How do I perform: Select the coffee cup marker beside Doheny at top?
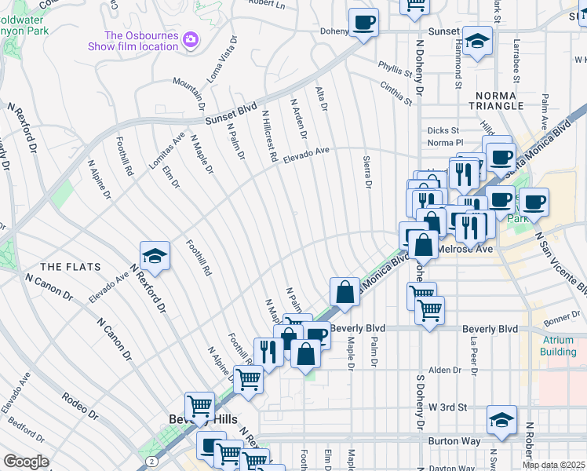pyautogui.click(x=363, y=23)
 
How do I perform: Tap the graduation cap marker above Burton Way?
pyautogui.click(x=501, y=419)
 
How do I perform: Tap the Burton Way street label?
pyautogui.click(x=455, y=441)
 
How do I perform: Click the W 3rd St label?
pyautogui.click(x=447, y=407)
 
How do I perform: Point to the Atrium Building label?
pyautogui.click(x=558, y=345)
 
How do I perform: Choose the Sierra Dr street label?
pyautogui.click(x=366, y=173)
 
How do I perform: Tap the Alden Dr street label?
pyautogui.click(x=444, y=370)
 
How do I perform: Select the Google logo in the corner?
pyautogui.click(x=26, y=462)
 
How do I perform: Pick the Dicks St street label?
pyautogui.click(x=443, y=131)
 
